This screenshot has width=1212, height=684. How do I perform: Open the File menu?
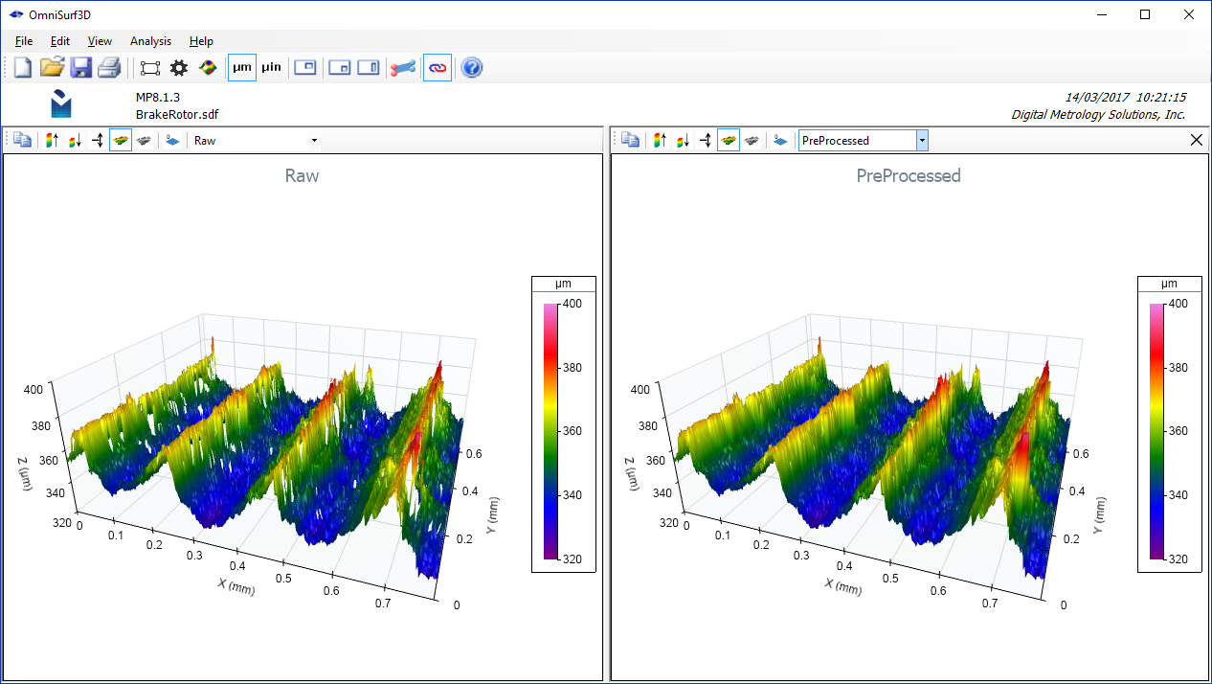24,41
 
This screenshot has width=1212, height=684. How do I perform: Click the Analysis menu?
150,41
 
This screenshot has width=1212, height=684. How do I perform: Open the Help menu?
201,41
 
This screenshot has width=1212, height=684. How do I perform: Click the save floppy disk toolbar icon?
80,67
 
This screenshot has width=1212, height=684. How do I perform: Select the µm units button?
242,67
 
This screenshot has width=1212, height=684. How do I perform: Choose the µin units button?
271,67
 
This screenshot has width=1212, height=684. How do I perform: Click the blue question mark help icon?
471,67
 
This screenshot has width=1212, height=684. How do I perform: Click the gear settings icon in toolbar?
178,67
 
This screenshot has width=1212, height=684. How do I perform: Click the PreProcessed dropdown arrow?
921,141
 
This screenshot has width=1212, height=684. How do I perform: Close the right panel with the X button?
1195,140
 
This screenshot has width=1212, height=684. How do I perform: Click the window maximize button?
1145,14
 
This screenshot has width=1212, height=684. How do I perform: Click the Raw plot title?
302,176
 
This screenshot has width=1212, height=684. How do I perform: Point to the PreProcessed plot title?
908,176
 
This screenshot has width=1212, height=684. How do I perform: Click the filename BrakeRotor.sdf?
177,114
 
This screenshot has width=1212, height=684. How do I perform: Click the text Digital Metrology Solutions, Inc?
1098,114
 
